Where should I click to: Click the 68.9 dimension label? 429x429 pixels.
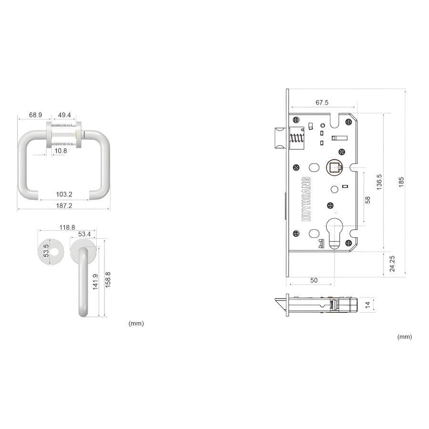36,115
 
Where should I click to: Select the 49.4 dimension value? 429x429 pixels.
64,115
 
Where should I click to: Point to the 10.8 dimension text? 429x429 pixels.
61,151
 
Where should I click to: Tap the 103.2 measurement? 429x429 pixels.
64,194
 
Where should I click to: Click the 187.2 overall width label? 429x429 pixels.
64,205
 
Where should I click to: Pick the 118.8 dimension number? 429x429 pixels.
67,227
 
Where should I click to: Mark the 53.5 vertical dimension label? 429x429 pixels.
46,251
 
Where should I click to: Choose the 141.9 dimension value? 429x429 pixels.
95,282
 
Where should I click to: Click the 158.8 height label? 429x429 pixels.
108,280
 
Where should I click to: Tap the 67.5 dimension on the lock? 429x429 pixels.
322,102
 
